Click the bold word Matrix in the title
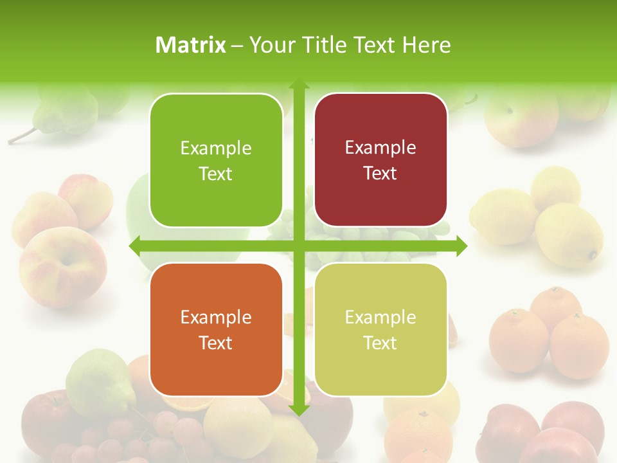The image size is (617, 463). click(191, 45)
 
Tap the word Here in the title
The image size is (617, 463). click(426, 45)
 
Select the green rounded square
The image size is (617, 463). click(216, 160)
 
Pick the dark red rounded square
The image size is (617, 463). click(380, 159)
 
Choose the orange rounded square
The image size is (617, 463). click(216, 329)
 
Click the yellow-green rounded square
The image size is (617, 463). click(380, 329)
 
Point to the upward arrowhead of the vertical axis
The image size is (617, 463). click(298, 86)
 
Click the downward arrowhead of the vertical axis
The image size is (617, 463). click(298, 410)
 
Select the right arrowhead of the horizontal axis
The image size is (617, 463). click(461, 246)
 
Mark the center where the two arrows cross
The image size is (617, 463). click(298, 246)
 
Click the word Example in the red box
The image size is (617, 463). click(380, 147)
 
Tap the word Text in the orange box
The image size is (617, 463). click(216, 343)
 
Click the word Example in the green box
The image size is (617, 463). click(216, 148)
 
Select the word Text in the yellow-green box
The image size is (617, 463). click(380, 343)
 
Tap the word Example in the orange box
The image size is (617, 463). click(216, 317)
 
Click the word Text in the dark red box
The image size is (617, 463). click(380, 173)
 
